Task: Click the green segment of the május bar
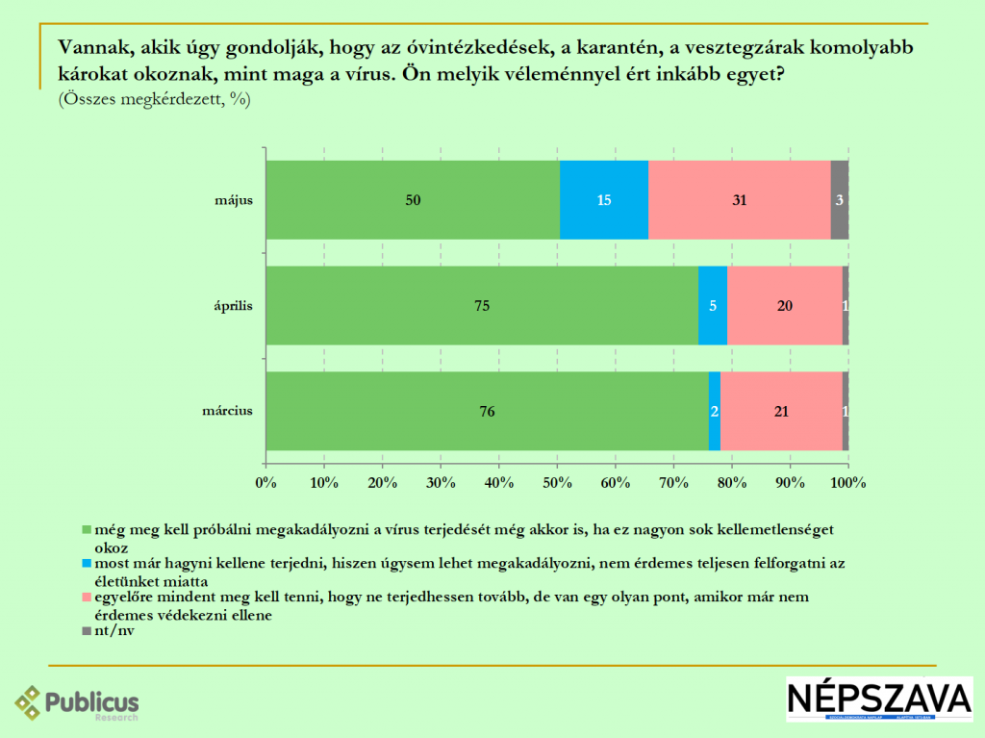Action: [413, 200]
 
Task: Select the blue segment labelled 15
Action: [603, 200]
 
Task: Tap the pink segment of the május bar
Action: [739, 200]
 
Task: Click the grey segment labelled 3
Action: [839, 200]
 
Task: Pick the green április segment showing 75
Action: [482, 306]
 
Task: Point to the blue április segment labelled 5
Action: [712, 306]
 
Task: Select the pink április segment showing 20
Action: [784, 306]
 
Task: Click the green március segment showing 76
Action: [487, 411]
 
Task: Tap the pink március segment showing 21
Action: [781, 411]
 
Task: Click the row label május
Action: [234, 201]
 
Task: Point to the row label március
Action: [228, 411]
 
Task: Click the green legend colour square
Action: [86, 529]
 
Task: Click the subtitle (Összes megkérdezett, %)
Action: [154, 98]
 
